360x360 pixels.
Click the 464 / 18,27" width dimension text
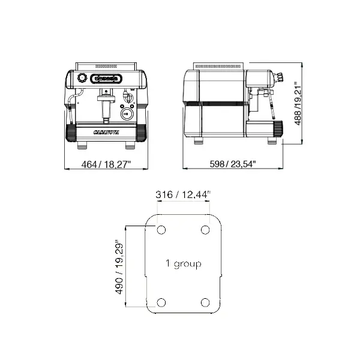coord(106,164)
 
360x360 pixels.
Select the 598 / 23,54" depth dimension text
coord(232,164)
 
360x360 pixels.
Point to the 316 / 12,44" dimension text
coord(183,194)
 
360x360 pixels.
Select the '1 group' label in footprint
coord(183,264)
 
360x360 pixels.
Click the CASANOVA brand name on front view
coord(106,132)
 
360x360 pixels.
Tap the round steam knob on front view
coord(82,77)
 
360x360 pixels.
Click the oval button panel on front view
coord(106,77)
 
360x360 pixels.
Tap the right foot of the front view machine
coord(130,145)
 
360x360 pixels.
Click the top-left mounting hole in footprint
coord(161,230)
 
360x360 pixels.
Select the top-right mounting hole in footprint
coord(205,230)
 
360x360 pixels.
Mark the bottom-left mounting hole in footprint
coord(161,302)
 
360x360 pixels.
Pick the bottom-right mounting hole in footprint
coord(205,302)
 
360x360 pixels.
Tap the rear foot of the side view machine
coord(199,142)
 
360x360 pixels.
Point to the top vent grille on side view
coord(219,64)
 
